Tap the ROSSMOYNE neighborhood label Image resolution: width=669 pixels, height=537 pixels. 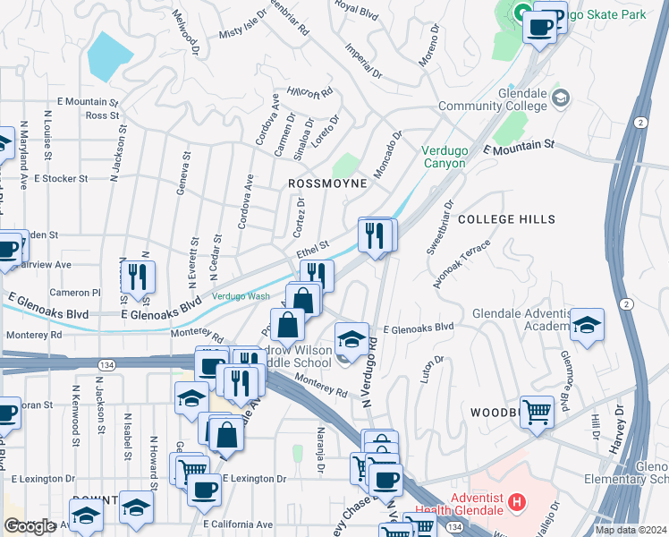coord(327,183)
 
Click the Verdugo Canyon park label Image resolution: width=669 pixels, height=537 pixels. coord(445,158)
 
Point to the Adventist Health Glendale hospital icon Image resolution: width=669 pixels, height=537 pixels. coord(515,503)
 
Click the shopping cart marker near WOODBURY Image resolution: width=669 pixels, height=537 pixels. coord(537,413)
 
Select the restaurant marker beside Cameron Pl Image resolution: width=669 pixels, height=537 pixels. coord(138,277)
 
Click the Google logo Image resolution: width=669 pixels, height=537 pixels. coord(30,526)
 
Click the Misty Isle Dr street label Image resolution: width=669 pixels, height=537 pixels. coord(243,27)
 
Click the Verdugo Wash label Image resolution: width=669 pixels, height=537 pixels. coord(241,296)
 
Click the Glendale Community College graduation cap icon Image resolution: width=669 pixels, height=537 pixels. coord(561,97)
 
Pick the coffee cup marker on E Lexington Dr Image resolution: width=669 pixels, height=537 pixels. coord(204,490)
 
